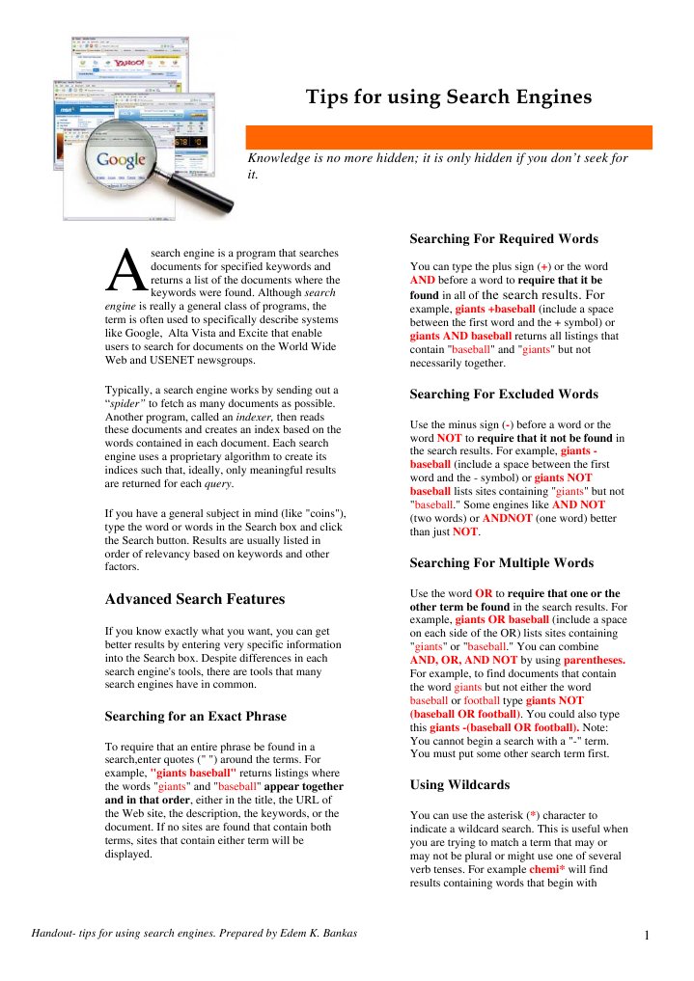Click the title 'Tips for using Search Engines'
[448, 97]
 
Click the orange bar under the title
[449, 137]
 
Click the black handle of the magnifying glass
[208, 197]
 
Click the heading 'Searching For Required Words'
[503, 238]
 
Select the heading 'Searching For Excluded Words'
[503, 394]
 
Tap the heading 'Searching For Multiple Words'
[502, 562]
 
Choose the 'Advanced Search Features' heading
[194, 599]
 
